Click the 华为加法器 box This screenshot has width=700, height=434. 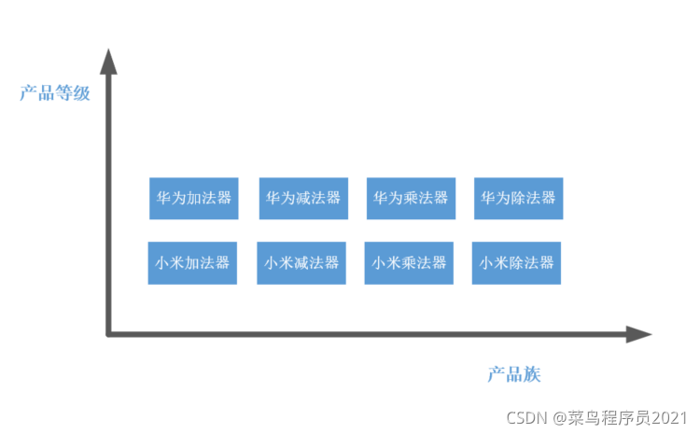[193, 198]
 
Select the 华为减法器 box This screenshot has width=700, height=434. [303, 198]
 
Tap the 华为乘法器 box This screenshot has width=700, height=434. [411, 198]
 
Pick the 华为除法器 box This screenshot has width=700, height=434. [518, 198]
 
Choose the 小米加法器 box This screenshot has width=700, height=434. [192, 262]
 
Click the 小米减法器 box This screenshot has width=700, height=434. [301, 262]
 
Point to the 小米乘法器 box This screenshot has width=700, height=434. [409, 262]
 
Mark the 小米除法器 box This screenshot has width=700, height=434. [516, 262]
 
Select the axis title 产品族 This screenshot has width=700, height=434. [514, 374]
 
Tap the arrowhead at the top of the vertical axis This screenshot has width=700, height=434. [109, 62]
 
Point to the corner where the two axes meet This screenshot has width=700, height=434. [110, 333]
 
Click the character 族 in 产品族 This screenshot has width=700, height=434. [532, 374]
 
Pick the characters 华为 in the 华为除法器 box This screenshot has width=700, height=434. [495, 198]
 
